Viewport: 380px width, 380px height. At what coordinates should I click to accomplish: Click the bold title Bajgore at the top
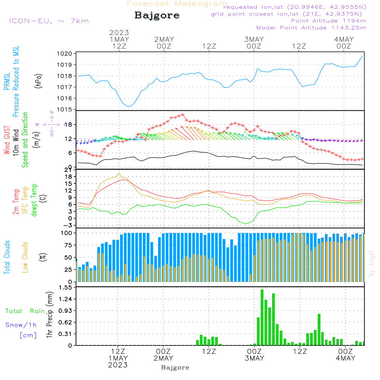[x=157, y=16]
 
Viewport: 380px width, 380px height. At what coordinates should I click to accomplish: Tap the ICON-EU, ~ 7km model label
[x=49, y=21]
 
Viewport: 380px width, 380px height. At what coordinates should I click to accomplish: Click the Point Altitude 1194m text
[x=328, y=21]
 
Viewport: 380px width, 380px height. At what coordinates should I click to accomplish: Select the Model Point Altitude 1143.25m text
[x=311, y=28]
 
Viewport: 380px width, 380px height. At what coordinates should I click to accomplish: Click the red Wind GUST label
[x=7, y=141]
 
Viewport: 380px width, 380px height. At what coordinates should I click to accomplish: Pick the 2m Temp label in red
[x=16, y=200]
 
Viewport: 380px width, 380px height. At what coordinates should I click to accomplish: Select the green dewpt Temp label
[x=34, y=200]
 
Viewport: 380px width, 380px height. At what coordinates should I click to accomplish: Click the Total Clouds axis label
[x=7, y=257]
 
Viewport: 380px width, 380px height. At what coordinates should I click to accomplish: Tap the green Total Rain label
[x=25, y=311]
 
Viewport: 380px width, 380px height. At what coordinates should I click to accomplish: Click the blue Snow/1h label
[x=21, y=325]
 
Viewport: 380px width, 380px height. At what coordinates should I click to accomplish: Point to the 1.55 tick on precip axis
[x=65, y=288]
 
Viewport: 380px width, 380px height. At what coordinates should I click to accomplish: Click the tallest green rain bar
[x=262, y=317]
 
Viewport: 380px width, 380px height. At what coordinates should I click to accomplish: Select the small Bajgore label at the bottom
[x=175, y=367]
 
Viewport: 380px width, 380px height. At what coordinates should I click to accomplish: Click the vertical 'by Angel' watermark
[x=372, y=263]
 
